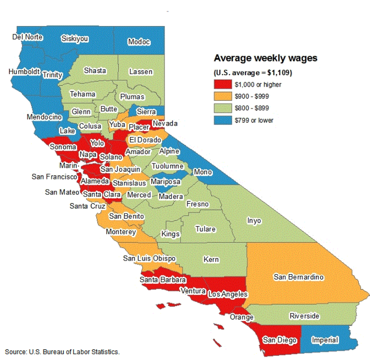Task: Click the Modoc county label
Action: point(139,42)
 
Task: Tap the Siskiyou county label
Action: point(75,39)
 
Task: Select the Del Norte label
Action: point(27,37)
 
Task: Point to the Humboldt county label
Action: point(24,72)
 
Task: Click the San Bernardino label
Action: point(299,277)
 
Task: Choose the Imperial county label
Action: point(325,340)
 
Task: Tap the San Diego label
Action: point(279,340)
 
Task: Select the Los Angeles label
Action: point(228,294)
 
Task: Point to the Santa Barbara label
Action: point(163,280)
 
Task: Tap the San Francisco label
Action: point(54,177)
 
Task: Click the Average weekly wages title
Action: point(265,58)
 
